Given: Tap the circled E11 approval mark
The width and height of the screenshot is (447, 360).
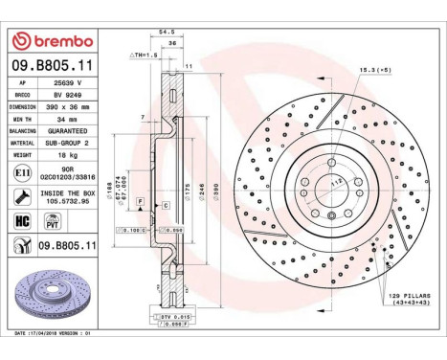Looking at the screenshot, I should tap(21, 173).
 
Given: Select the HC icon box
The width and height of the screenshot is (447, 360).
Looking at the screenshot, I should tap(21, 220).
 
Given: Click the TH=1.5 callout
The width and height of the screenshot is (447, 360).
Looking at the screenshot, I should tap(146, 84).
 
